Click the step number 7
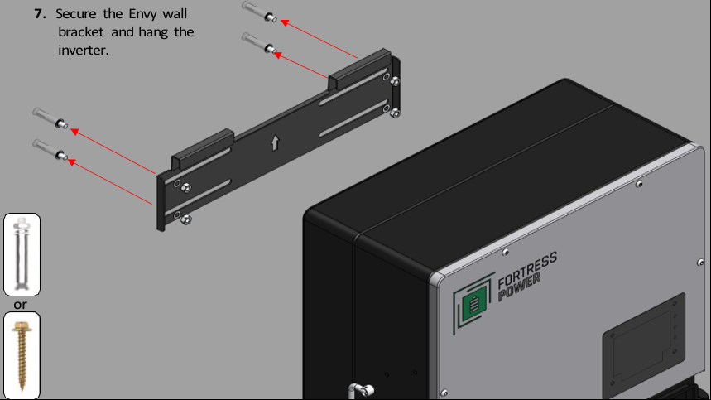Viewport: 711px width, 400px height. pyautogui.click(x=40, y=13)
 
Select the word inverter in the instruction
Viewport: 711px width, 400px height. pyautogui.click(x=84, y=50)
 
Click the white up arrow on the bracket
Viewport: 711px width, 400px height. pyautogui.click(x=275, y=142)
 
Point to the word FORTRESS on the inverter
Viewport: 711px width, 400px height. pyautogui.click(x=527, y=271)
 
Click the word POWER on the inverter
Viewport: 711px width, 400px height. pyautogui.click(x=519, y=287)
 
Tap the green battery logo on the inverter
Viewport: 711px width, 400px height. pyautogui.click(x=473, y=302)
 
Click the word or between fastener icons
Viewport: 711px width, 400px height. pyautogui.click(x=20, y=304)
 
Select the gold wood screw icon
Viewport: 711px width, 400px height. pyautogui.click(x=22, y=355)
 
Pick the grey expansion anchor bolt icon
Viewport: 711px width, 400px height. pyautogui.click(x=22, y=254)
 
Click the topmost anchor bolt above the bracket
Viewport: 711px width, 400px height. pyautogui.click(x=259, y=11)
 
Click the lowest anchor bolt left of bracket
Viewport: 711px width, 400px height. pyautogui.click(x=50, y=150)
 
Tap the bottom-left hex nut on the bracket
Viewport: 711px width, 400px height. pyautogui.click(x=186, y=220)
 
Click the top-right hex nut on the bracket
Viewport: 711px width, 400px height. pyautogui.click(x=395, y=82)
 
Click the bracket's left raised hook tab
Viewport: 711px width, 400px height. pyautogui.click(x=203, y=148)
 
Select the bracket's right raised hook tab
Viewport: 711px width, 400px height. pyautogui.click(x=359, y=69)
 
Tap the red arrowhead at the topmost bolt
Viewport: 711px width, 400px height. pyautogui.click(x=285, y=22)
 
